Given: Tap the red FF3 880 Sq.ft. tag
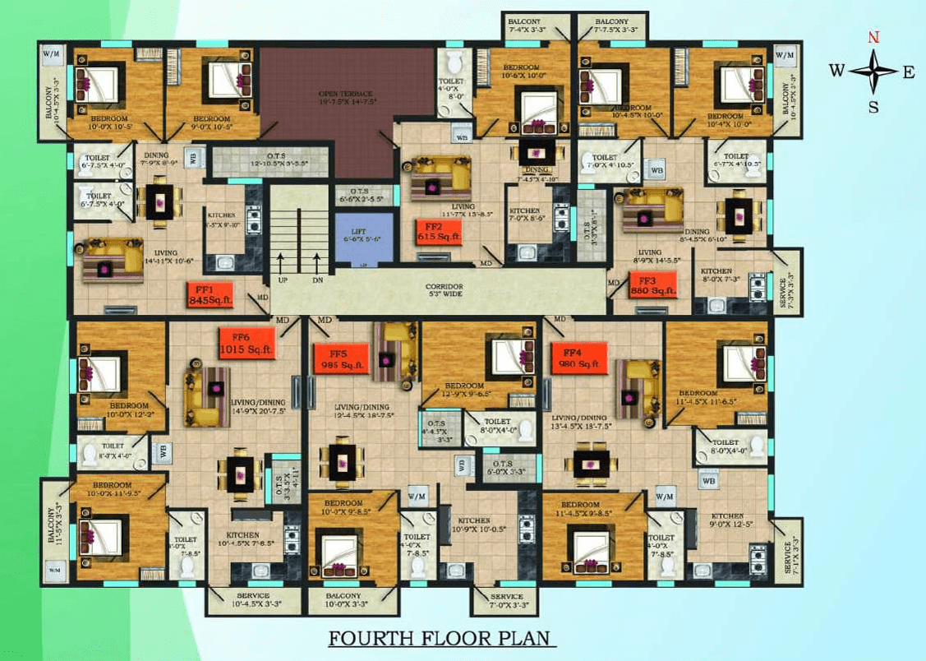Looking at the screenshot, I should (653, 285).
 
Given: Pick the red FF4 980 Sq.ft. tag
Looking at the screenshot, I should (578, 358).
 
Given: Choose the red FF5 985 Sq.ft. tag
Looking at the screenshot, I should (341, 359).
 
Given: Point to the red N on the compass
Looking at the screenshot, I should (874, 38).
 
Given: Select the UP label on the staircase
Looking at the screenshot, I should (283, 280).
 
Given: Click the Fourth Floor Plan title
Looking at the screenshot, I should (443, 639).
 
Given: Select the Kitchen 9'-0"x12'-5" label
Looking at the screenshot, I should (727, 521).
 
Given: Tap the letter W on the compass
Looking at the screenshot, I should (836, 71).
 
